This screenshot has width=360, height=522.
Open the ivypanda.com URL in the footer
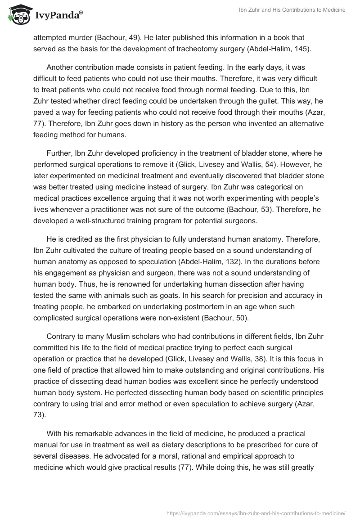(x=256, y=513)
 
